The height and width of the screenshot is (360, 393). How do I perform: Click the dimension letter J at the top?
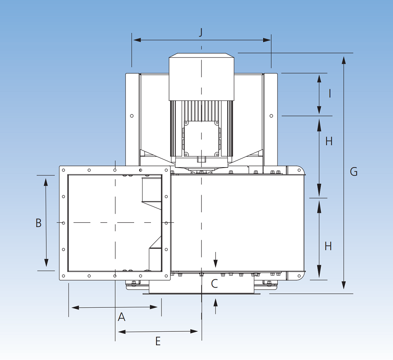click(x=201, y=32)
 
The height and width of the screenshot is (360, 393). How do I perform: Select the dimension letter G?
click(x=353, y=172)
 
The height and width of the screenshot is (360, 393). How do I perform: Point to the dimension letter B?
click(x=38, y=223)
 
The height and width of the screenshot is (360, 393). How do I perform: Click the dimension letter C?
click(x=214, y=284)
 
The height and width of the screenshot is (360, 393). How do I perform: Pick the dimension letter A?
click(x=121, y=317)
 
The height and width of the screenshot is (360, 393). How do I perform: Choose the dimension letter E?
click(x=158, y=341)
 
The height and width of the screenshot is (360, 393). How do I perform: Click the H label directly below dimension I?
click(x=329, y=141)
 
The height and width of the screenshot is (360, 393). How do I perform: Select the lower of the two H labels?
click(x=328, y=246)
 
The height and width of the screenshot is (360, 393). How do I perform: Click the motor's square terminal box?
click(x=201, y=138)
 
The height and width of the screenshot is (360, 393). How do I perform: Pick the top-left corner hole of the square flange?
click(x=63, y=170)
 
